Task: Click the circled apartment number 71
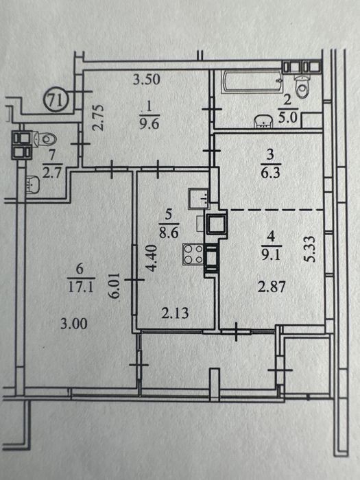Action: (57, 100)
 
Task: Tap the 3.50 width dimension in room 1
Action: (147, 80)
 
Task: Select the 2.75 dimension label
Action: (99, 118)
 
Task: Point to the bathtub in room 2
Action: (252, 82)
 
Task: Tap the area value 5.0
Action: (288, 117)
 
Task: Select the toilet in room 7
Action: (45, 140)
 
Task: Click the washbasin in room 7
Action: (33, 184)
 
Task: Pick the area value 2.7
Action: (52, 173)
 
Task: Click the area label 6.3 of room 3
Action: (270, 173)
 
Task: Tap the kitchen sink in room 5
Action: (199, 198)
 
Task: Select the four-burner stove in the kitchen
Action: (193, 254)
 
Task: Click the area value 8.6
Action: (169, 232)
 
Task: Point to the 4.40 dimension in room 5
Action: (152, 258)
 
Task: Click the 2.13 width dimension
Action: (175, 313)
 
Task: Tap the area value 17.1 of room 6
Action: (81, 287)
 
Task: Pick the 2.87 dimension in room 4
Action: (272, 287)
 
